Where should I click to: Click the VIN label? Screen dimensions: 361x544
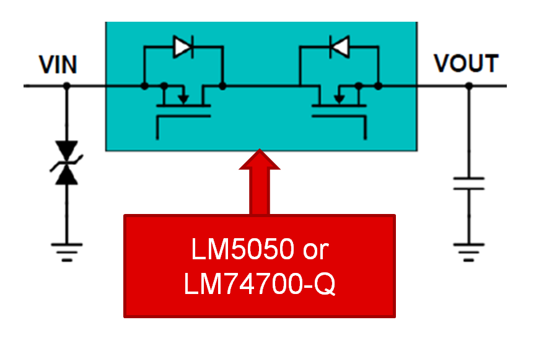coord(58,65)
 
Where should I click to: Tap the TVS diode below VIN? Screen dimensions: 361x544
coord(66,162)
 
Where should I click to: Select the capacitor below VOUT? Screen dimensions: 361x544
coord(468,183)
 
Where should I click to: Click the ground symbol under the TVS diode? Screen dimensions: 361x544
coord(66,251)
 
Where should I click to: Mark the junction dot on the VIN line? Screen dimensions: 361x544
coord(66,86)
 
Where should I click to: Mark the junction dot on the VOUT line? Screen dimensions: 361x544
coord(468,86)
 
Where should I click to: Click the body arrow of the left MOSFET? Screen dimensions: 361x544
coord(183,96)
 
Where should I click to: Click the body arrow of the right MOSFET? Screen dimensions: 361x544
coord(338,96)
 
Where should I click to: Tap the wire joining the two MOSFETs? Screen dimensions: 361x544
coord(260,86)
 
